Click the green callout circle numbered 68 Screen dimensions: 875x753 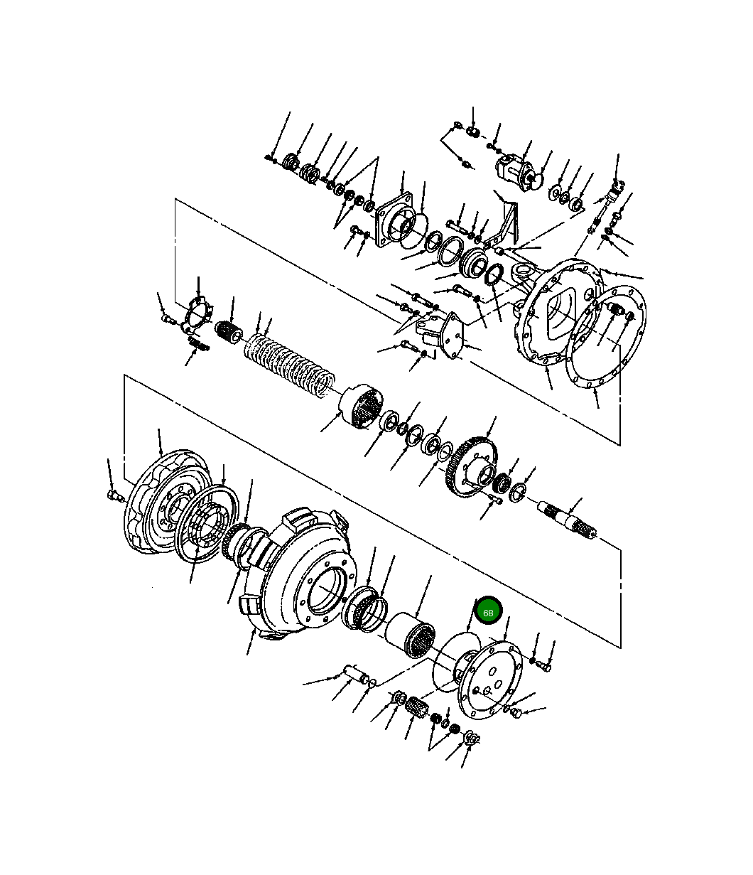pos(488,612)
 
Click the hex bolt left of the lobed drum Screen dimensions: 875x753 pos(113,495)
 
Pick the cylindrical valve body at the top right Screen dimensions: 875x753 pos(515,171)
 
